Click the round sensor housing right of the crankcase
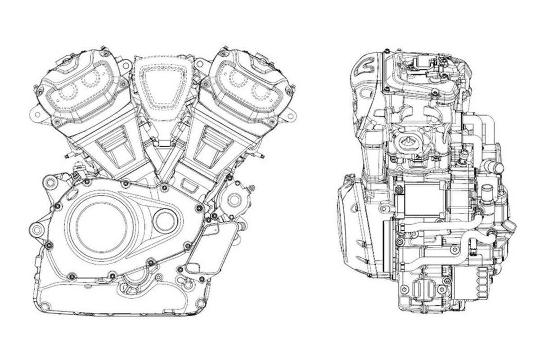(234, 198)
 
